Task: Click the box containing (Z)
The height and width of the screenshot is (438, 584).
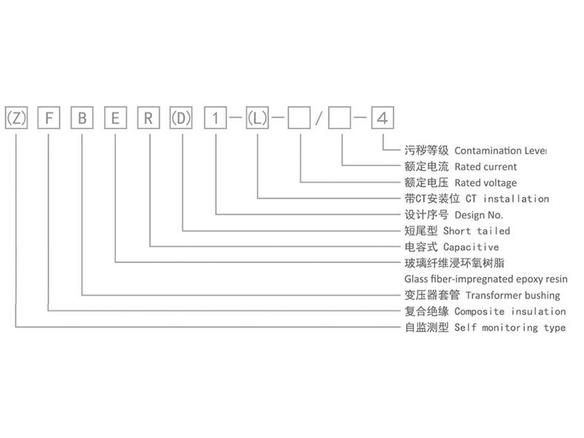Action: (16, 118)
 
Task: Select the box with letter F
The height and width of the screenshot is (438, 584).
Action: (49, 118)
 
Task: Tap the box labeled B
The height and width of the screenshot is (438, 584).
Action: (82, 118)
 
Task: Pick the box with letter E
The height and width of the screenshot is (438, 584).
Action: (115, 118)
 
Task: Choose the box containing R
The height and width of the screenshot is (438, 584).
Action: (149, 118)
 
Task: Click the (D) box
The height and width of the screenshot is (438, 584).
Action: (181, 118)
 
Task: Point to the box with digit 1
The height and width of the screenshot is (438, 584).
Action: (215, 118)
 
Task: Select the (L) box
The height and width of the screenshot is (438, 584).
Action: (258, 118)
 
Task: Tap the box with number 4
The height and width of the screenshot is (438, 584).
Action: (383, 118)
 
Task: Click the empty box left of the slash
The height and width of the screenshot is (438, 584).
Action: (299, 118)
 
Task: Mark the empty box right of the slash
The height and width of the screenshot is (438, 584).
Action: (339, 118)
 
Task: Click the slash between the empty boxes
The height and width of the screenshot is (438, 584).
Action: (319, 118)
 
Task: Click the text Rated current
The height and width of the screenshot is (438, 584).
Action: (485, 167)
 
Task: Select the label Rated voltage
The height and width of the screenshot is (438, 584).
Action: (485, 183)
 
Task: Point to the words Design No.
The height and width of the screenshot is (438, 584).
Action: (479, 215)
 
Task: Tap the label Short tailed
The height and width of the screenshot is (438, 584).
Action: (477, 231)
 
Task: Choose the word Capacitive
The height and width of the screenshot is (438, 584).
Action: (471, 247)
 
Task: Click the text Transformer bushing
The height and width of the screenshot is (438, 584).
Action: (513, 296)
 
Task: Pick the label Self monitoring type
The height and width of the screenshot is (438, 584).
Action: (510, 328)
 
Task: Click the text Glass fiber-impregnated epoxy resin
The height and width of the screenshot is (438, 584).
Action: (486, 279)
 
